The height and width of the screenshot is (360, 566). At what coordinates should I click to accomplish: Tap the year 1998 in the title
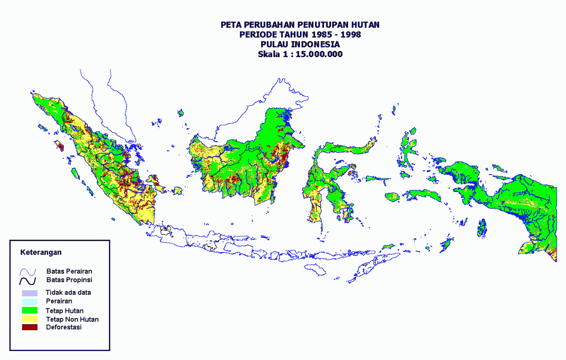351,34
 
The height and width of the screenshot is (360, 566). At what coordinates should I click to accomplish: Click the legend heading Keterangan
41,252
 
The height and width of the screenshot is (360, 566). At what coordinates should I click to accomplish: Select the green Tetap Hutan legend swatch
29,310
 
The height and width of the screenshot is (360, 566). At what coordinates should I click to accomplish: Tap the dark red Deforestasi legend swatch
29,327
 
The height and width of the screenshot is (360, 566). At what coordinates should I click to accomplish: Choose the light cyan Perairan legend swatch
29,301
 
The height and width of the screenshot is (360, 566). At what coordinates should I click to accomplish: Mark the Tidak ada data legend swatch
29,293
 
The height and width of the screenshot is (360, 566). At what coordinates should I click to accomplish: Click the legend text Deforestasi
64,327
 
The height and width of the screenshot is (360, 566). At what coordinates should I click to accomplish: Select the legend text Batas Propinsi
69,280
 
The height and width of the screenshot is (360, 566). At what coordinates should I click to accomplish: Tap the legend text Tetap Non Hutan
72,319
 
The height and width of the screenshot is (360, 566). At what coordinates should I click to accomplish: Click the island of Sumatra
108,160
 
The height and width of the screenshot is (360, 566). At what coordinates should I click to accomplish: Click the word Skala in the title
268,54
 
